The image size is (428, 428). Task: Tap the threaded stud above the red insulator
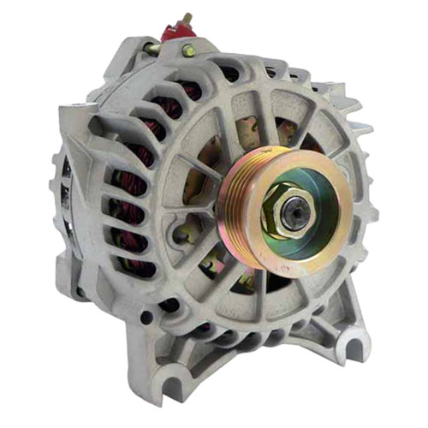(x=183, y=18)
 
